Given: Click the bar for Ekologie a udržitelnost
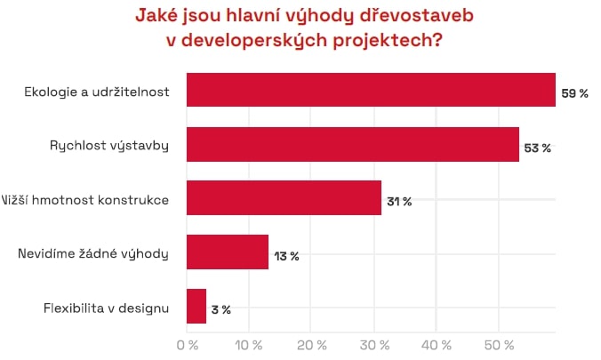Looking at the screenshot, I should click(371, 90).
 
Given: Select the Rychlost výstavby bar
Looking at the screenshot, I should click(352, 144).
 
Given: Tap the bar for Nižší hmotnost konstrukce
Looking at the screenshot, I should click(284, 199).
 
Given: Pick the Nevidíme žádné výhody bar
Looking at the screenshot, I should click(228, 252).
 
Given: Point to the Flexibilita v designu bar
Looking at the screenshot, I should click(196, 307).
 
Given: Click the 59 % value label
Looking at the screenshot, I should click(574, 93).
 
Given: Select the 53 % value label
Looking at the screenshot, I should click(538, 148).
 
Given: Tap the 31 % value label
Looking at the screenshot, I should click(399, 202).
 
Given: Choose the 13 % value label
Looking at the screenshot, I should click(286, 256).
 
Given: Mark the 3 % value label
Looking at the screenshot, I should click(220, 309).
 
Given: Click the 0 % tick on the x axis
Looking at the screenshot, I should click(187, 343).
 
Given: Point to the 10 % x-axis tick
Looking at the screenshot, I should click(249, 343).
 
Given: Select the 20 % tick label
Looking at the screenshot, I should click(311, 343).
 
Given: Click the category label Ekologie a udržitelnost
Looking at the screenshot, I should click(99, 90).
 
